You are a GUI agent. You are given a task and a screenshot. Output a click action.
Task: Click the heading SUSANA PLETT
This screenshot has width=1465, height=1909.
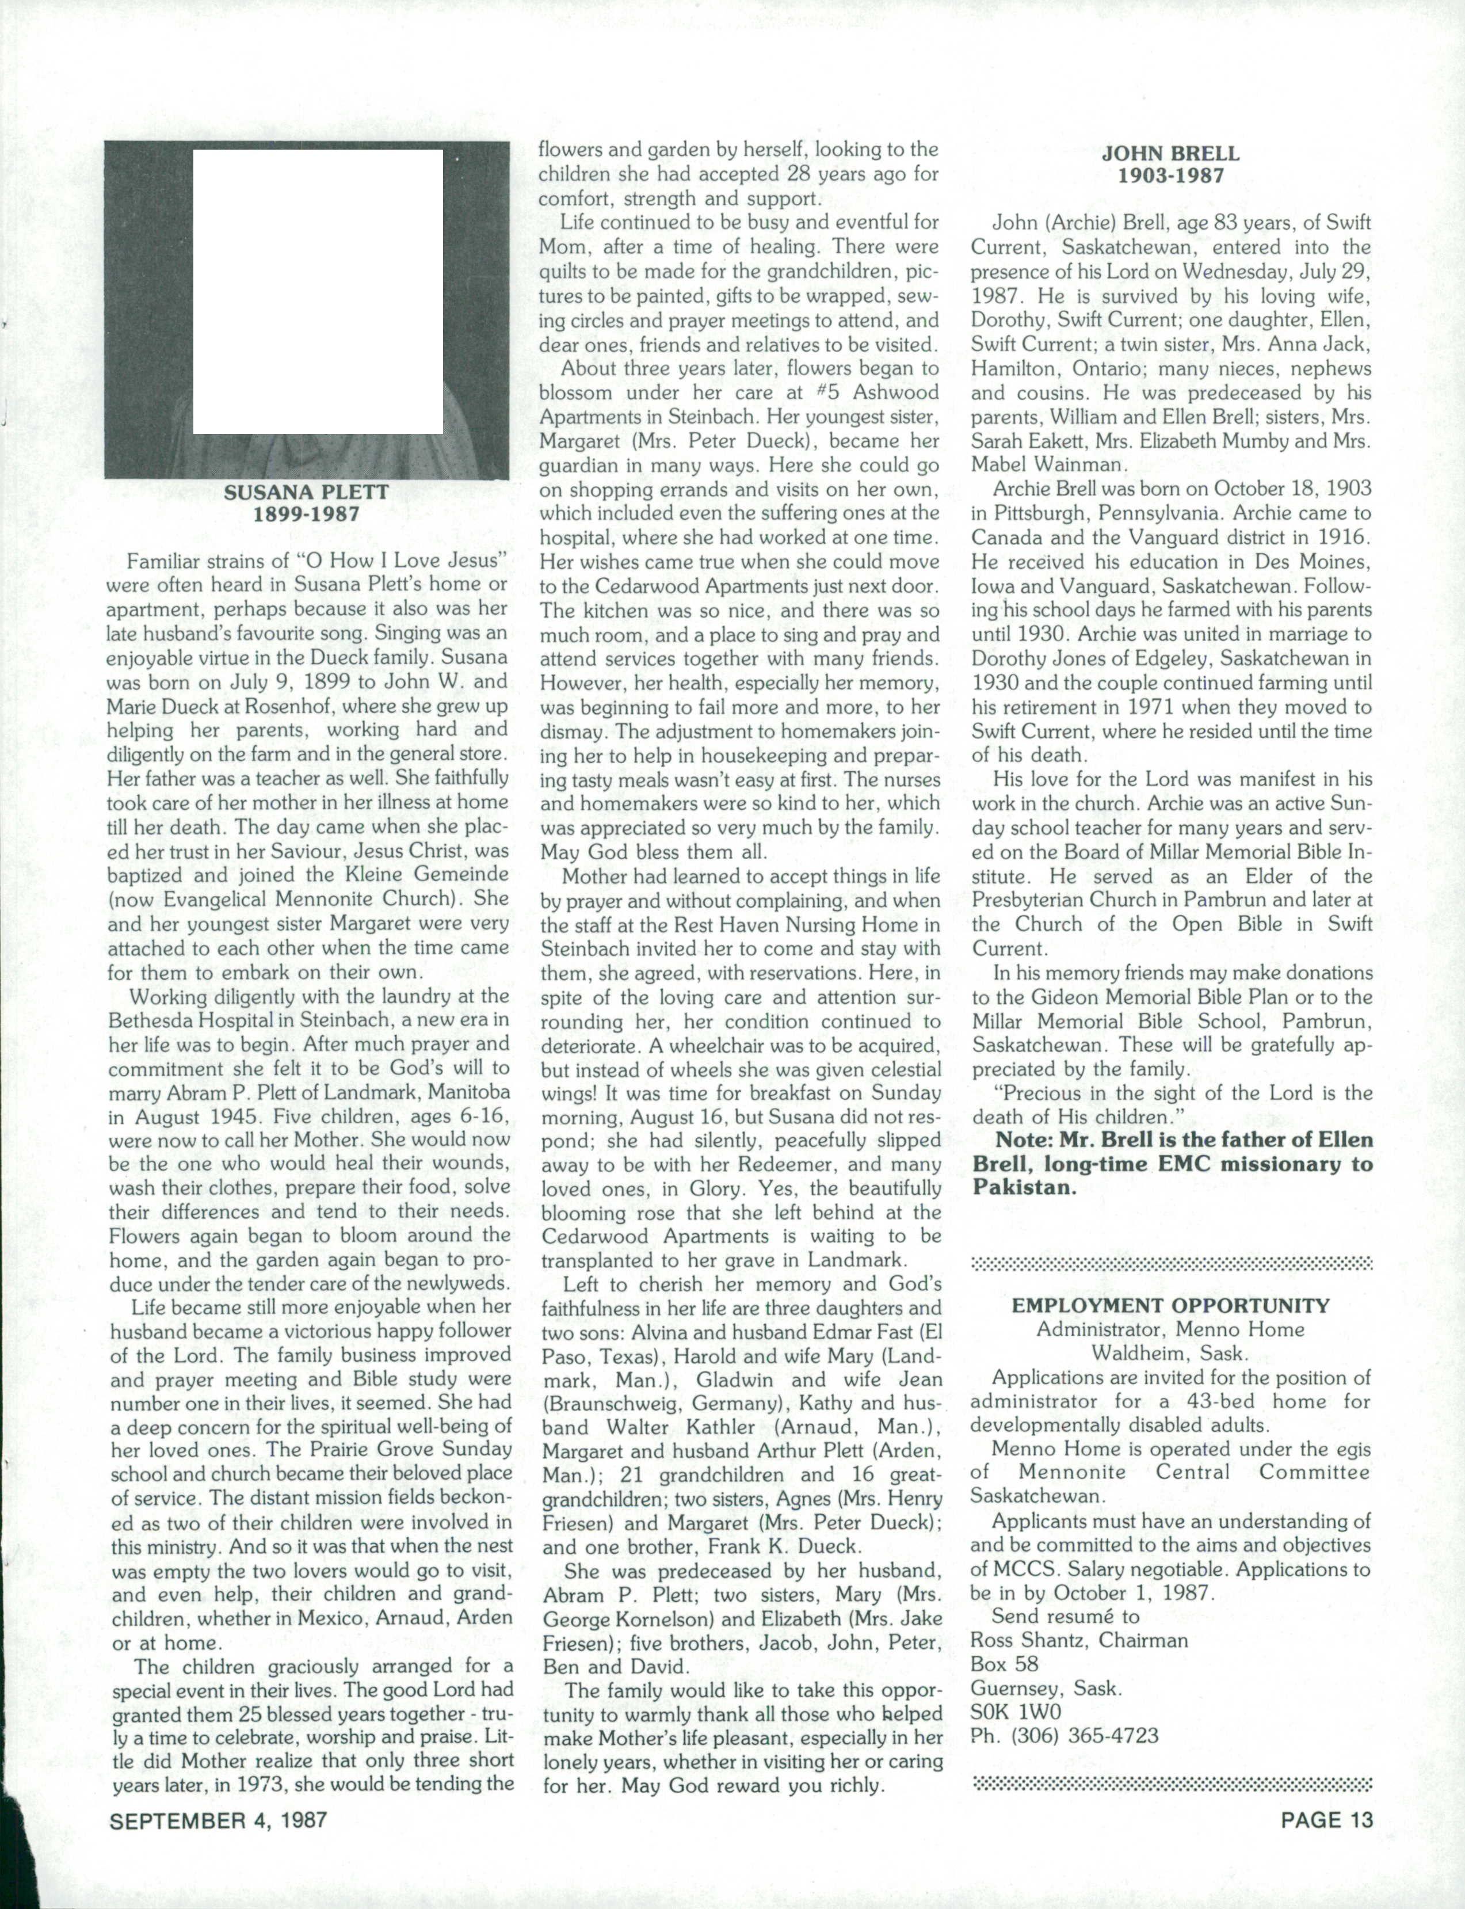click(306, 492)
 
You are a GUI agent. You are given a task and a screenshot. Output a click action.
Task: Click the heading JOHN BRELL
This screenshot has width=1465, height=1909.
click(1170, 154)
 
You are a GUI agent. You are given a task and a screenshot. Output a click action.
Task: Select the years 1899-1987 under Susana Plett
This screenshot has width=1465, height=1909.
click(306, 515)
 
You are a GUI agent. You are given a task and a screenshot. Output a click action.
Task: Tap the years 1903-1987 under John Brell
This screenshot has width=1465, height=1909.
click(1170, 176)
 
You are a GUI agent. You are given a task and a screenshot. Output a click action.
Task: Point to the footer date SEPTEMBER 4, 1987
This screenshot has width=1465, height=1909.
click(218, 1820)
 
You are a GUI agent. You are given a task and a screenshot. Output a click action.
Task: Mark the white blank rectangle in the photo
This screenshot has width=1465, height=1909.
click(318, 292)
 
